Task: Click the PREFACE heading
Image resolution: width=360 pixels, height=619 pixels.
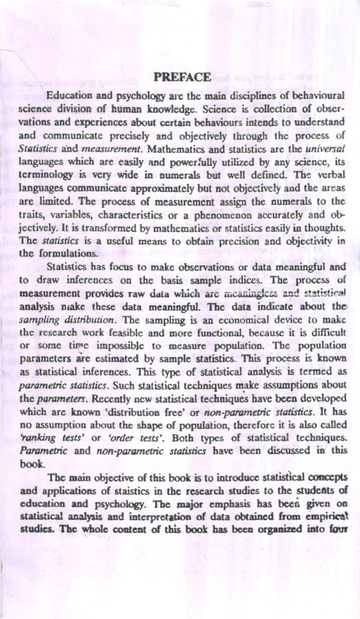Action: coord(182,77)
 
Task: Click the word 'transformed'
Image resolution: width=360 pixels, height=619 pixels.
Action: coord(93,229)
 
